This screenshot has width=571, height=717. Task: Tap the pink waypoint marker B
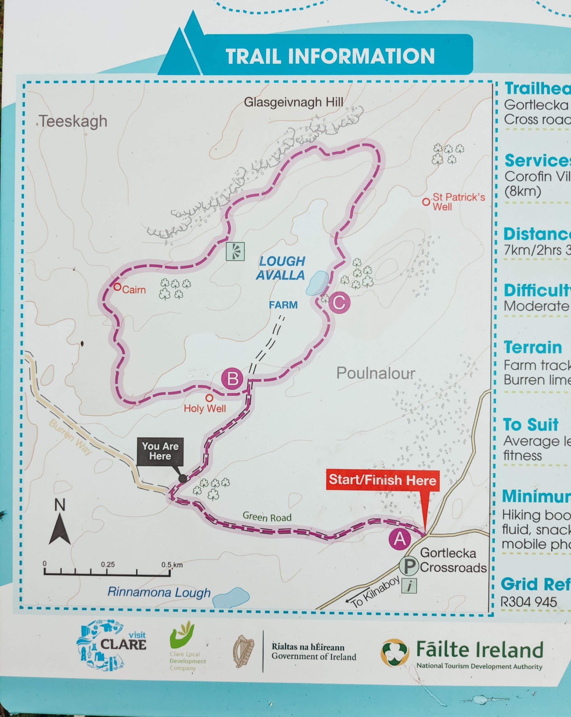(232, 379)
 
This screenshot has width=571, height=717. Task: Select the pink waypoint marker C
(339, 302)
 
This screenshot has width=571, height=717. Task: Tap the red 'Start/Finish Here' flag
(383, 480)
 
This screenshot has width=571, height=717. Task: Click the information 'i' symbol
(410, 586)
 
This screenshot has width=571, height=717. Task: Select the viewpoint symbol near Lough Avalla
(235, 251)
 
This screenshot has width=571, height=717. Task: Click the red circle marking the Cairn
(117, 287)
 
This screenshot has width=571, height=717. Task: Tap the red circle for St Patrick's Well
(426, 202)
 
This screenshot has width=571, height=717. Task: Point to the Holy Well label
(205, 408)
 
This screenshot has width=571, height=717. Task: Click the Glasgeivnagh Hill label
(293, 102)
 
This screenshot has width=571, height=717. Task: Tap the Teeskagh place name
(73, 121)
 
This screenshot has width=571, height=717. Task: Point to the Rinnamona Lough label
(159, 592)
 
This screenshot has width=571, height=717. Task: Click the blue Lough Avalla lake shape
(317, 283)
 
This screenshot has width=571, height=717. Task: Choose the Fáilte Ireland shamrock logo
(394, 653)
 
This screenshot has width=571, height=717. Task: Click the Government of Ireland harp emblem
(243, 651)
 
